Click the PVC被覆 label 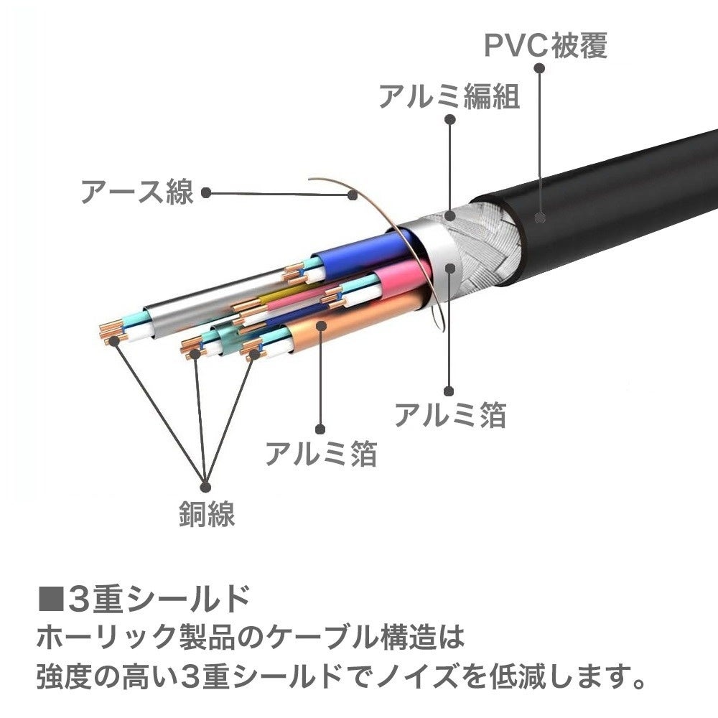(546, 45)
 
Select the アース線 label (136, 192)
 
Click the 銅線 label (207, 514)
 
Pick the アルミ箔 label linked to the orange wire (320, 452)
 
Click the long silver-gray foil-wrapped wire (194, 316)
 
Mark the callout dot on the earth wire (353, 194)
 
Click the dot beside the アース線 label (206, 192)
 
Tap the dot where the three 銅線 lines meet (205, 481)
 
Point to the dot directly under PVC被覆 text (540, 69)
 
